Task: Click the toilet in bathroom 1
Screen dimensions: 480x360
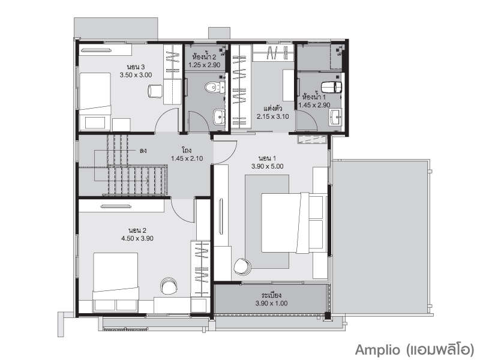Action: click(x=331, y=87)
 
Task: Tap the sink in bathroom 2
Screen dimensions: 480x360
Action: click(x=219, y=117)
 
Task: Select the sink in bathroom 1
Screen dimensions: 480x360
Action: click(x=335, y=117)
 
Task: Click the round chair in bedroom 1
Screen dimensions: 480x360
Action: click(x=242, y=266)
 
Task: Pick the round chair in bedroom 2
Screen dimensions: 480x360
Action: click(x=169, y=286)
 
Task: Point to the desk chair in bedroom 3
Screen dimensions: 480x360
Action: click(x=155, y=91)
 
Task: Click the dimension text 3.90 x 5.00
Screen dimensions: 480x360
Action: click(x=267, y=167)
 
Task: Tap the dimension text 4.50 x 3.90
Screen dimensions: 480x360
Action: click(x=137, y=238)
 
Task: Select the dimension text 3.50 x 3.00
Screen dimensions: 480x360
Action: click(x=136, y=75)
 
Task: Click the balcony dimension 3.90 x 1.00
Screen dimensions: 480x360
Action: click(x=271, y=304)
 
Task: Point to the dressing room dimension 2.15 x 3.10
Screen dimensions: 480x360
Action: click(x=273, y=116)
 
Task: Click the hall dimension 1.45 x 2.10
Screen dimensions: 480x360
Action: click(x=187, y=158)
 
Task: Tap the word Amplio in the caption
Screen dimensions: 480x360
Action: click(x=377, y=350)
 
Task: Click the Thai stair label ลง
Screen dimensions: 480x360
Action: click(x=143, y=151)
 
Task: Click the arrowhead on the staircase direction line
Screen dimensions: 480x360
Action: click(x=148, y=181)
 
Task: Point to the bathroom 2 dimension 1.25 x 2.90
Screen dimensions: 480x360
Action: click(x=204, y=65)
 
